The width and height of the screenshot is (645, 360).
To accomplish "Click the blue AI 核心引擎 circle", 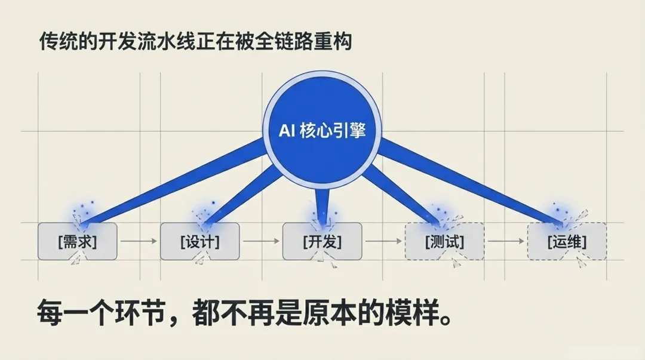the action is [x=322, y=130].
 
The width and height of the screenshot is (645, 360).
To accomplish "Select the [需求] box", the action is [x=78, y=242].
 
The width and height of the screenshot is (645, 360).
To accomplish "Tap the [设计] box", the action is [x=199, y=242].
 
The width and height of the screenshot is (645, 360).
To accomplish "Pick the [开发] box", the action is [x=322, y=242].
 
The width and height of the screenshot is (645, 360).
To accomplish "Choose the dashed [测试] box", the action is [x=444, y=242].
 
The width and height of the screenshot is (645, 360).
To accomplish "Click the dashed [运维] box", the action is [x=567, y=242].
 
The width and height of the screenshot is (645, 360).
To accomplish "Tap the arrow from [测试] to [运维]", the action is [x=505, y=242].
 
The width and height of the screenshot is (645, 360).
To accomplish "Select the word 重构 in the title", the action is [x=339, y=43].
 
